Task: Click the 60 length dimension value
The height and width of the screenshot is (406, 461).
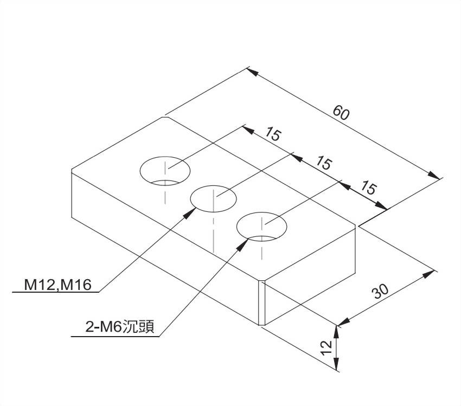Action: [341, 113]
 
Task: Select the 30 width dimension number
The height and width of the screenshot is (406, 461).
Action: [380, 291]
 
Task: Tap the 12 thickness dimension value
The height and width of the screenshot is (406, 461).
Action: [326, 348]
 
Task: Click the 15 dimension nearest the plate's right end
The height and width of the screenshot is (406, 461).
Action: [368, 188]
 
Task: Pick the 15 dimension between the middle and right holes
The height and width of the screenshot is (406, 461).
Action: [324, 163]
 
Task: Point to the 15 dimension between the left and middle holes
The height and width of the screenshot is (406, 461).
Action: [273, 134]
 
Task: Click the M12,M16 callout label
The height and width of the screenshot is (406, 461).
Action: [57, 285]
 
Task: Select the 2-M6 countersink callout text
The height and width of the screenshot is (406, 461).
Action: [120, 327]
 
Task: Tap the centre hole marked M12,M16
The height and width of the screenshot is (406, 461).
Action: [214, 199]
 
